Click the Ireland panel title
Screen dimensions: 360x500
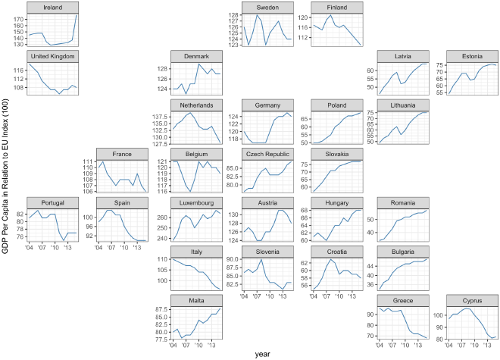coord(53,7)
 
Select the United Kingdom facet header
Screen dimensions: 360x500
coord(53,56)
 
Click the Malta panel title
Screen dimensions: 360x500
coord(195,301)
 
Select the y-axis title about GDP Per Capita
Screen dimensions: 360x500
coord(7,176)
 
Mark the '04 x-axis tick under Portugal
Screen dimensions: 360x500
coord(29,247)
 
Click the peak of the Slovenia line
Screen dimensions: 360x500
coord(261,260)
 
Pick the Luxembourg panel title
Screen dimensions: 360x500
coord(195,203)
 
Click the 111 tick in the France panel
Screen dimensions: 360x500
coord(90,162)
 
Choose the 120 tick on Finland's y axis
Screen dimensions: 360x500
coord(305,17)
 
